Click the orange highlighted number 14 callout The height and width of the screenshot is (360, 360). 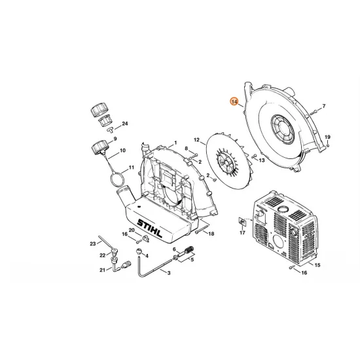(234, 102)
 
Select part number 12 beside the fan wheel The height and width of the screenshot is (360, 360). (196, 139)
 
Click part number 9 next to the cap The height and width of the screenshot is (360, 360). (115, 139)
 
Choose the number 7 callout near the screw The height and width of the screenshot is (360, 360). (323, 106)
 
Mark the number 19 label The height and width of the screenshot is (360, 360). (327, 136)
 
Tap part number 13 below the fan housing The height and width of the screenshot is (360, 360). (262, 159)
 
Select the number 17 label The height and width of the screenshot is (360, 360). (242, 231)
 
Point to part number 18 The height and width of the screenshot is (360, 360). (211, 234)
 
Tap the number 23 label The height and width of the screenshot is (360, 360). (93, 243)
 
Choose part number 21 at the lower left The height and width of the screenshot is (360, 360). (102, 270)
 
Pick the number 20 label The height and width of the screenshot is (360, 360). (131, 230)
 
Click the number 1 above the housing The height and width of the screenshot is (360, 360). (175, 143)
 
